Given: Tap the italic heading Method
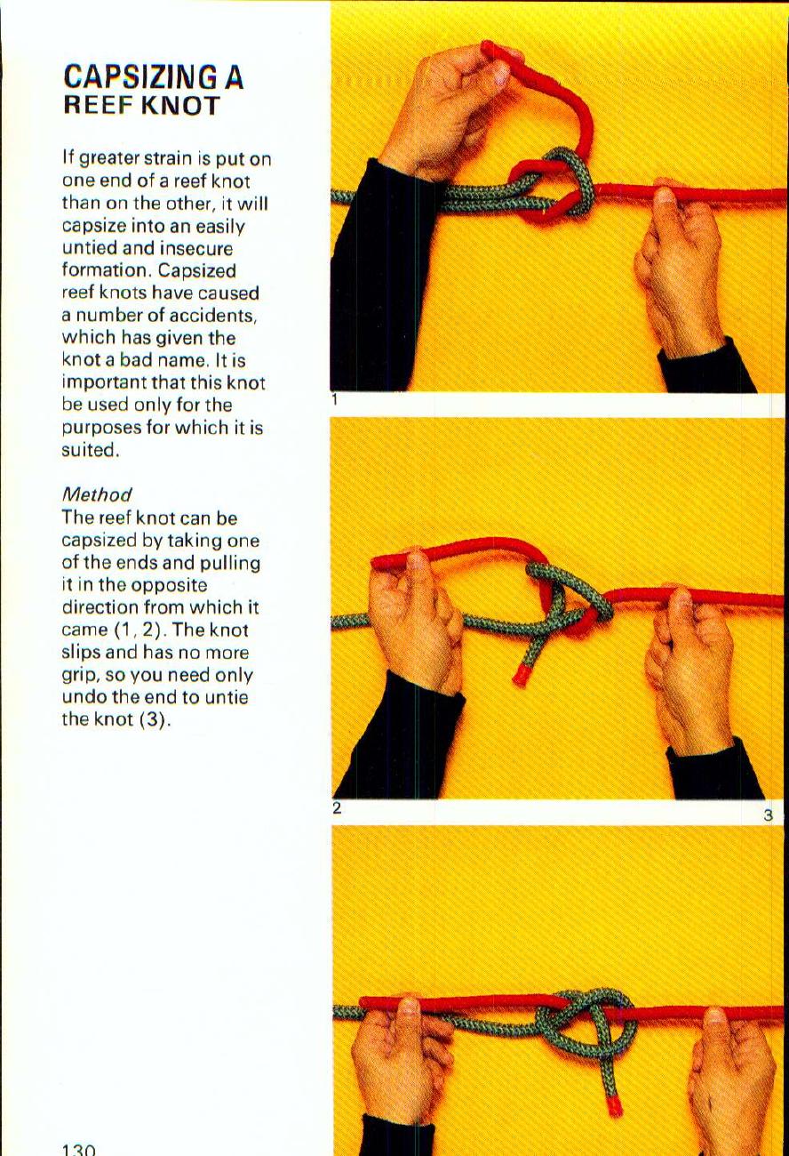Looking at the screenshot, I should (x=97, y=494).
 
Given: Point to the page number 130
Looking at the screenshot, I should (x=78, y=1149).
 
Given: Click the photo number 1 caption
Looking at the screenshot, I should (x=335, y=400).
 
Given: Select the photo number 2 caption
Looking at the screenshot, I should (x=337, y=808).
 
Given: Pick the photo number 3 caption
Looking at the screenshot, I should (x=769, y=815).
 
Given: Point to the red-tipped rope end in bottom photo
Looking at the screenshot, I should (x=613, y=1105).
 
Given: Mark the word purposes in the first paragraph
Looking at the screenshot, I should (x=97, y=428).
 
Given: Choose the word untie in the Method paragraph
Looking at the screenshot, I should (x=227, y=697).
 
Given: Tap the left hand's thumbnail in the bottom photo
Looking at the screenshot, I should (x=408, y=1008).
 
